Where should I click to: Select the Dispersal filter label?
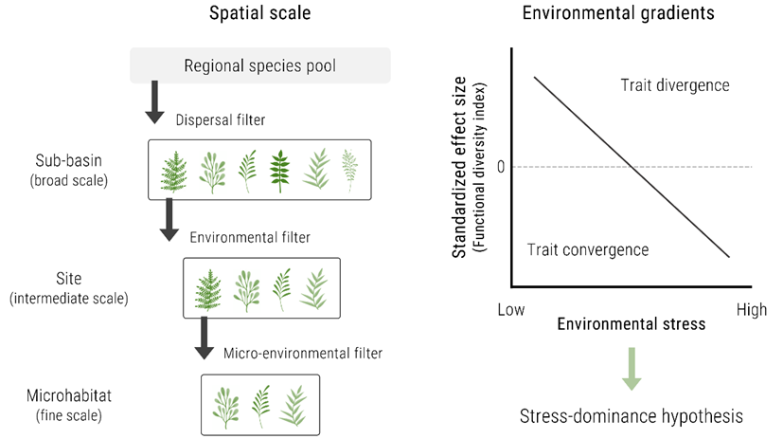pyautogui.click(x=220, y=119)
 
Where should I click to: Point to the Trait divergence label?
pyautogui.click(x=674, y=85)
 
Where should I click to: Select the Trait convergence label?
pyautogui.click(x=588, y=249)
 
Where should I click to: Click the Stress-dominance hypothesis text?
pyautogui.click(x=631, y=416)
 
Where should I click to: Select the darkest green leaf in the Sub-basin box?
pyautogui.click(x=280, y=172)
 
